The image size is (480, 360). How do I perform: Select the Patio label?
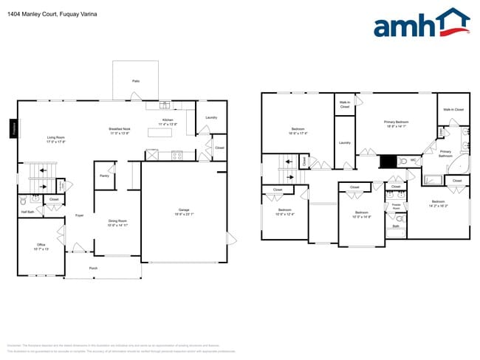click(136, 81)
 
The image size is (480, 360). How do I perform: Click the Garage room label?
click(184, 211)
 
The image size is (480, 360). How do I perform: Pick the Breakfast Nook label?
click(120, 131)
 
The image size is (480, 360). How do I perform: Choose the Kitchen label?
click(168, 122)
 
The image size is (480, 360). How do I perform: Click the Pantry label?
click(104, 176)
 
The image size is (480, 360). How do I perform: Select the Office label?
click(41, 246)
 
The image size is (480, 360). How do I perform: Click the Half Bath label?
click(27, 212)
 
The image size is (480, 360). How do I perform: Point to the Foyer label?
click(79, 215)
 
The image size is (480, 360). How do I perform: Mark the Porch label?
click(93, 268)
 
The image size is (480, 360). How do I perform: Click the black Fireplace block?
click(13, 128)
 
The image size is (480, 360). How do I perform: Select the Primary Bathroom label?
click(446, 153)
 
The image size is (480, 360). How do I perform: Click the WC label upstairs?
click(412, 161)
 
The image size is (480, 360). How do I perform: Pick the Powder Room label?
click(396, 209)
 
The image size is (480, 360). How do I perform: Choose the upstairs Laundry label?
click(344, 142)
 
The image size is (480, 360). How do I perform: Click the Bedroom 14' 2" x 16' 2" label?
click(438, 204)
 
